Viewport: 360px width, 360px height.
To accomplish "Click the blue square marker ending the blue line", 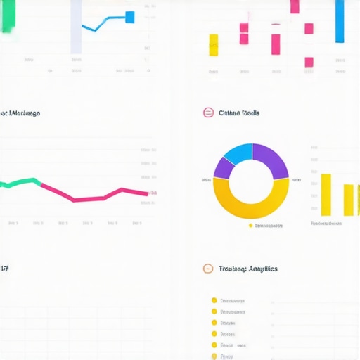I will [129, 17].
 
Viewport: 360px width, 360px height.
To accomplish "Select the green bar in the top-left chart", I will [8, 15].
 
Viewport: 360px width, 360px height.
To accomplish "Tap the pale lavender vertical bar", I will [76, 27].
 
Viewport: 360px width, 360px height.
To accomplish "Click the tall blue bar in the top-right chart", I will [340, 21].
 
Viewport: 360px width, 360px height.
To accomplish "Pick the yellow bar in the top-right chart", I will [213, 44].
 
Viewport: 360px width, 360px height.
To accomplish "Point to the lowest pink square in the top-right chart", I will [309, 62].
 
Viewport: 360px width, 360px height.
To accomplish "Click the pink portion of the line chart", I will [98, 195].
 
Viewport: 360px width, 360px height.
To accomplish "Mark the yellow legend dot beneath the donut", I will [250, 226].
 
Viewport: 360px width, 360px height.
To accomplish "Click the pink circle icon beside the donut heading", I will [207, 112].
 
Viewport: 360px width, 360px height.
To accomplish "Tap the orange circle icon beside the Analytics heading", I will [207, 269].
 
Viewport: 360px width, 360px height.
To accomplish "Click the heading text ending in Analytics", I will [248, 269].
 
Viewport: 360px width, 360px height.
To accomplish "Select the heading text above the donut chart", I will [239, 112].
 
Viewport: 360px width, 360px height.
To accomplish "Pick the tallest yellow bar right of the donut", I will [326, 194].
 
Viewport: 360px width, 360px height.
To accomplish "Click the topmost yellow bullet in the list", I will [214, 300].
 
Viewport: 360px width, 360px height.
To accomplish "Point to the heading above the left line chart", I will [20, 112].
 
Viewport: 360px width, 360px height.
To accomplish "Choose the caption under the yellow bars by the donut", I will [326, 223].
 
